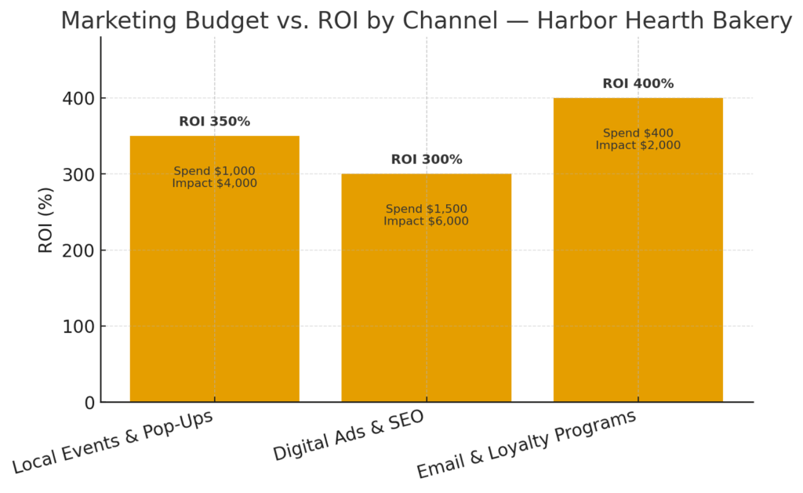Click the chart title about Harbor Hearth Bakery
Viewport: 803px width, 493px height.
[426, 20]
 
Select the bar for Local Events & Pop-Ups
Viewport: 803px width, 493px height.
[214, 298]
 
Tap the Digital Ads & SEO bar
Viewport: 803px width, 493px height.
[426, 314]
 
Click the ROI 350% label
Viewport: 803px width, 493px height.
[214, 122]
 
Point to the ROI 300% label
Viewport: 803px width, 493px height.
[426, 159]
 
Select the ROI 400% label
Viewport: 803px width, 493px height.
[638, 84]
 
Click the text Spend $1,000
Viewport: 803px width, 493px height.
[214, 171]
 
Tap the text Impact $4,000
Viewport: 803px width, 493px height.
[214, 183]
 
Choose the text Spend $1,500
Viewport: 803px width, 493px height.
[426, 209]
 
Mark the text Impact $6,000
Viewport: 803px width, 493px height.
[426, 221]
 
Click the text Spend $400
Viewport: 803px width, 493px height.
[638, 133]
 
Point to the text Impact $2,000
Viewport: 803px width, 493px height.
[638, 145]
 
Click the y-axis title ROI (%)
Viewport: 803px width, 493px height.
[46, 220]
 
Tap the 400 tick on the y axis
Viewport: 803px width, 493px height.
[78, 99]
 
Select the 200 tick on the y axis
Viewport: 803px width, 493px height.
[78, 251]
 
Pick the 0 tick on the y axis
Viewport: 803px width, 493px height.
[89, 403]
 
